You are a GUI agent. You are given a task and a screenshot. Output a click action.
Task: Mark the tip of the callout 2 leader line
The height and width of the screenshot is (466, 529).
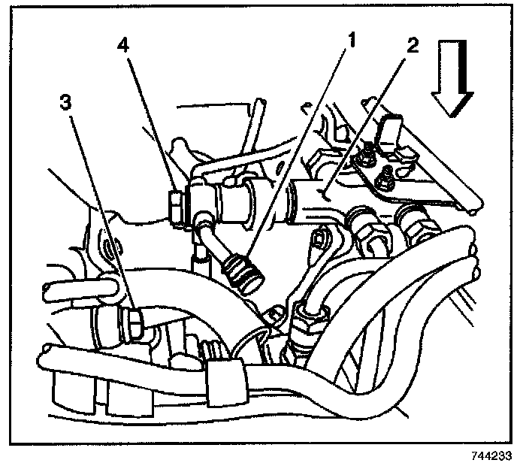(x=321, y=194)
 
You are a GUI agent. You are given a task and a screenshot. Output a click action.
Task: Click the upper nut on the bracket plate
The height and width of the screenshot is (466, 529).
(x=369, y=157)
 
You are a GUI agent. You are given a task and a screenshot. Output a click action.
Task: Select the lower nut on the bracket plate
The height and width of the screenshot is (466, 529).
(x=382, y=180)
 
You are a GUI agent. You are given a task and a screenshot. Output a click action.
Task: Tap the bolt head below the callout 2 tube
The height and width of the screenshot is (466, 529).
(x=319, y=239)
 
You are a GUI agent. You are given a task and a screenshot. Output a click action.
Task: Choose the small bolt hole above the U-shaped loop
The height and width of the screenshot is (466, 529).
(x=110, y=247)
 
